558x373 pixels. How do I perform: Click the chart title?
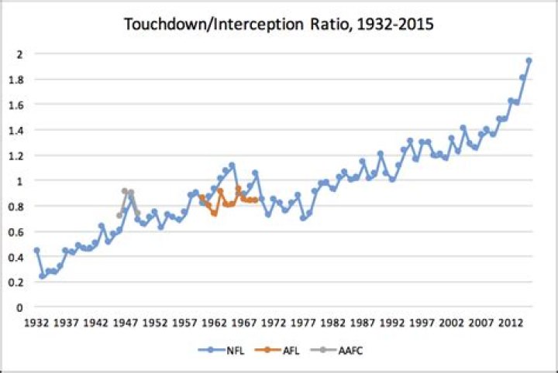click(279, 25)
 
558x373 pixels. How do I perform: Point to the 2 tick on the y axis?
click(19, 54)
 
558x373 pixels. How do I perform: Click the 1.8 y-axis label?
click(15, 79)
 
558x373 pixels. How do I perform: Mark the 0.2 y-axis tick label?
click(15, 282)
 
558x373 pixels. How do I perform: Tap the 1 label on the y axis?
click(19, 180)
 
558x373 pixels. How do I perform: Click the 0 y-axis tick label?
click(19, 307)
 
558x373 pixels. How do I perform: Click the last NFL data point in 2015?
click(529, 60)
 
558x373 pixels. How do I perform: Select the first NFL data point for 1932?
click(36, 250)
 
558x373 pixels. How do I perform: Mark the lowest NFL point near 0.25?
click(43, 275)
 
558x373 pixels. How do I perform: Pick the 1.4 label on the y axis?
click(15, 130)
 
